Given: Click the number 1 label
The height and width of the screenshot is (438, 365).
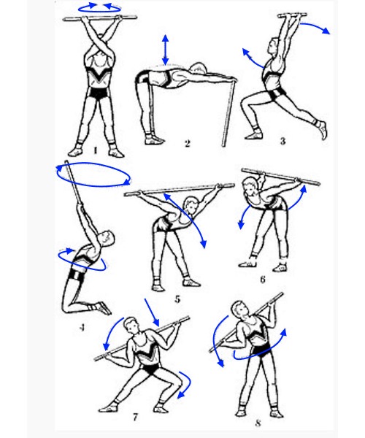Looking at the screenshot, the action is (95, 151).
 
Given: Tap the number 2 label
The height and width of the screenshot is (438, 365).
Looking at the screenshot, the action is (188, 144).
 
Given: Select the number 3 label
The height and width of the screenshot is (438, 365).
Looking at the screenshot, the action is (283, 141).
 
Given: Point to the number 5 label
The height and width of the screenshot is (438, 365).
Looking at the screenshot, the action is (177, 299).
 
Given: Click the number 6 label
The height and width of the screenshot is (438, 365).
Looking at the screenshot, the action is (263, 280).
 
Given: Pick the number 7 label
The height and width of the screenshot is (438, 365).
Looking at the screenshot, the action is (136, 418).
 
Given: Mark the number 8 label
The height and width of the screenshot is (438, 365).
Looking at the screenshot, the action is (258, 423).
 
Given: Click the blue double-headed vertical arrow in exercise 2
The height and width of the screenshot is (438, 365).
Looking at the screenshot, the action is (165, 50).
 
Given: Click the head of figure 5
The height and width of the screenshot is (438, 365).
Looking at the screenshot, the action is (191, 204).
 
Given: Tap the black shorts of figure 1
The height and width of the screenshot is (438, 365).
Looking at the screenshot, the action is (99, 93).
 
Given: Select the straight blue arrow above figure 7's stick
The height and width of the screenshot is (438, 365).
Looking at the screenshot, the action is (152, 312).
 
